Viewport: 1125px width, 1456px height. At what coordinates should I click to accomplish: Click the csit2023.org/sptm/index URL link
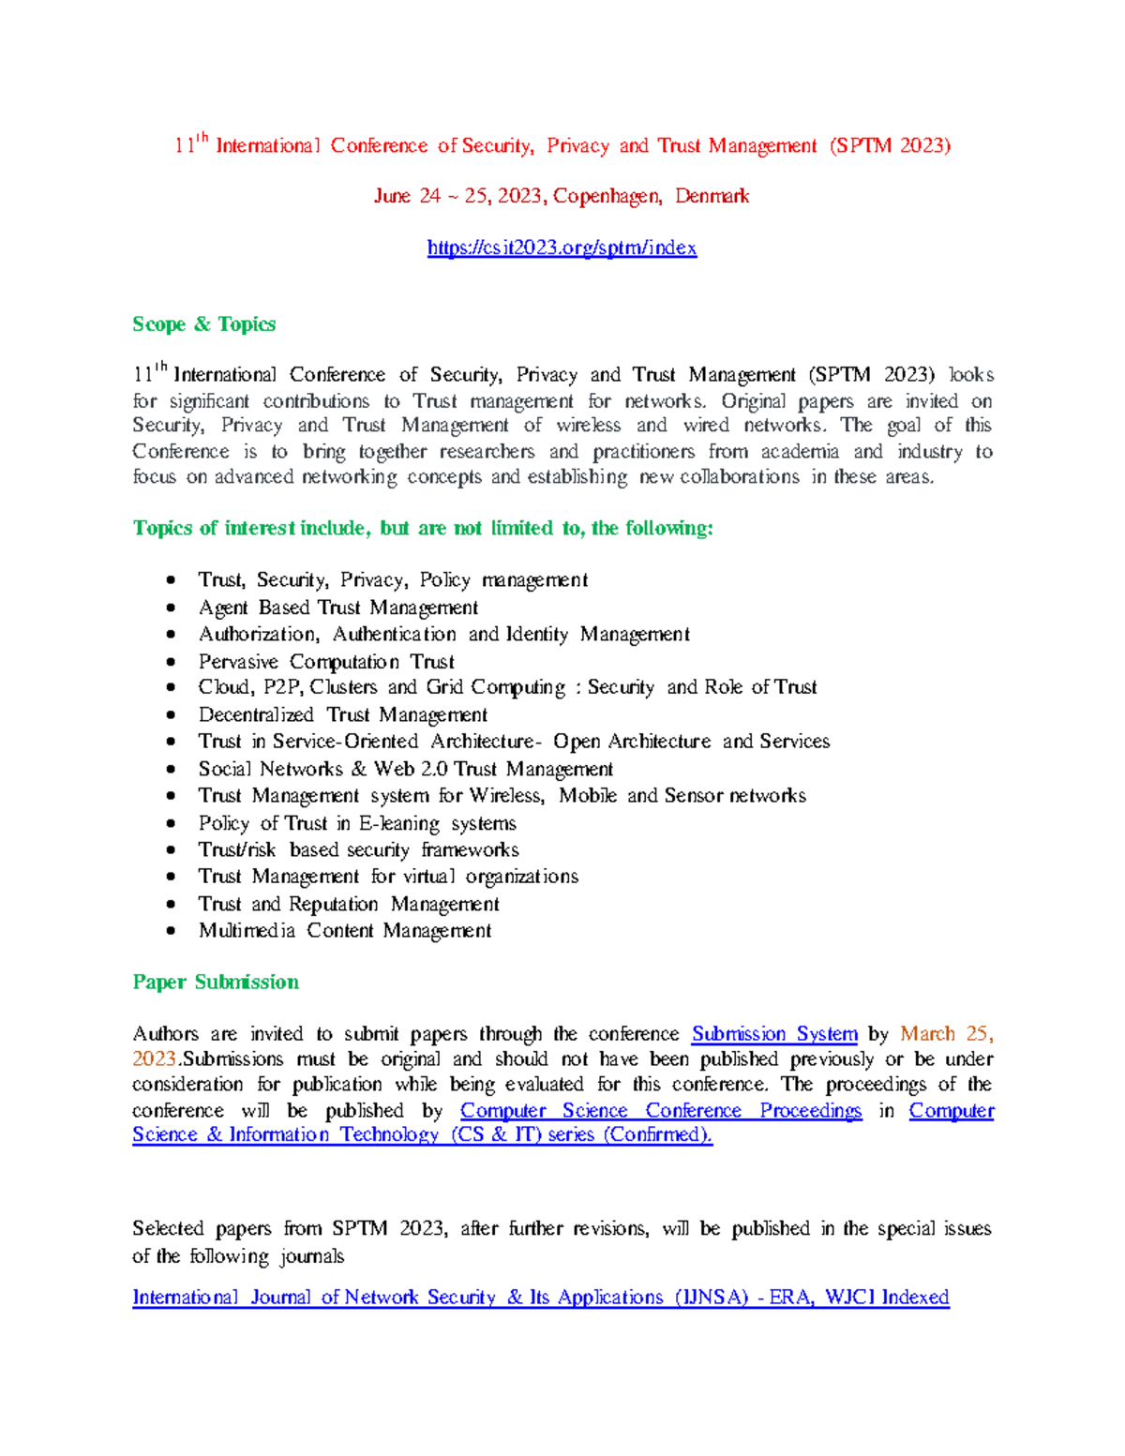point(562,248)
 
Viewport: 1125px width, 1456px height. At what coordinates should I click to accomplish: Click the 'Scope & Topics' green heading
point(203,324)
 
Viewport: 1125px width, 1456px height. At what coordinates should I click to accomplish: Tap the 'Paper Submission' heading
point(216,983)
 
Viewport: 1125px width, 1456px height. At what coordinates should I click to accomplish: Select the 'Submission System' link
point(774,1034)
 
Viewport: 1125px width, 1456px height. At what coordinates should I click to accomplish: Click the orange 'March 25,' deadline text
point(946,1034)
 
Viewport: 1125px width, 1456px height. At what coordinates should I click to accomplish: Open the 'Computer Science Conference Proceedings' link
point(660,1111)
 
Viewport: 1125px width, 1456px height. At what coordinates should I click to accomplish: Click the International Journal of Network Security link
point(540,1298)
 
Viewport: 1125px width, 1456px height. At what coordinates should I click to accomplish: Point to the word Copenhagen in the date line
point(607,196)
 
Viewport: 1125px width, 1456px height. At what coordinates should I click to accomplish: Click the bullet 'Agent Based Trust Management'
point(337,608)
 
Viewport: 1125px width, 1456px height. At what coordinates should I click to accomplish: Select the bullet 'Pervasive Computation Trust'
point(326,662)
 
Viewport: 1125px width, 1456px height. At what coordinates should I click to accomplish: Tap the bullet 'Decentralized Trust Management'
point(342,715)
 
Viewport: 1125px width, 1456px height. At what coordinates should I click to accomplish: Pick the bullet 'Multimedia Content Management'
point(344,931)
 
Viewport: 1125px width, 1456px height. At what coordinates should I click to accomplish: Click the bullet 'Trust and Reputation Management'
point(348,905)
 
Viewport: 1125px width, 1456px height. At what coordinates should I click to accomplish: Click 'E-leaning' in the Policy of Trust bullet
point(398,824)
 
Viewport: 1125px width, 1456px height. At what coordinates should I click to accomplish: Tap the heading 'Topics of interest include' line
point(423,529)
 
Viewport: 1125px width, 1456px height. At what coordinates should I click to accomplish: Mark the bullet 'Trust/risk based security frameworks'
point(358,850)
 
